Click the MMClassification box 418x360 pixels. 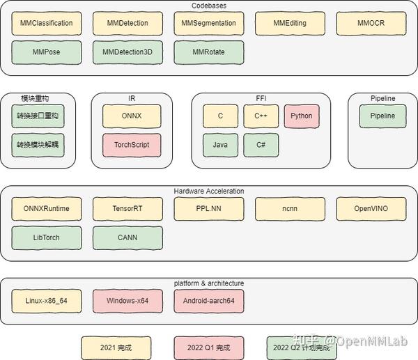tap(47, 23)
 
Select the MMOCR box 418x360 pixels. tap(371, 23)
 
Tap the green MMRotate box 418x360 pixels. tap(209, 52)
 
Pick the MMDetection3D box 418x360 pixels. tap(127, 52)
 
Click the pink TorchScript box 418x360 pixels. tap(132, 145)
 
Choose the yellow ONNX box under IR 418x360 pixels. tap(132, 116)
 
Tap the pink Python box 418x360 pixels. tap(302, 116)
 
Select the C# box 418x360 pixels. tap(261, 145)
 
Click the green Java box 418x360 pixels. tap(220, 145)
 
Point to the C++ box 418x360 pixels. tap(261, 116)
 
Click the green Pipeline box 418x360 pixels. tap(382, 116)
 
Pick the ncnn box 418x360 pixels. tap(290, 209)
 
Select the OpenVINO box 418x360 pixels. tap(371, 209)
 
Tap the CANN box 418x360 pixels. tap(127, 237)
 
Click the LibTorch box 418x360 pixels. tap(47, 237)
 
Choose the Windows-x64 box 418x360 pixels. tap(127, 301)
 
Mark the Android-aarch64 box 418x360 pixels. tap(209, 301)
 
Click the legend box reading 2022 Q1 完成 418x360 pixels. tap(209, 348)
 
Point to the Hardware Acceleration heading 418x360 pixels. tap(209, 191)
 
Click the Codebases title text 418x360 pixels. tap(209, 6)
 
